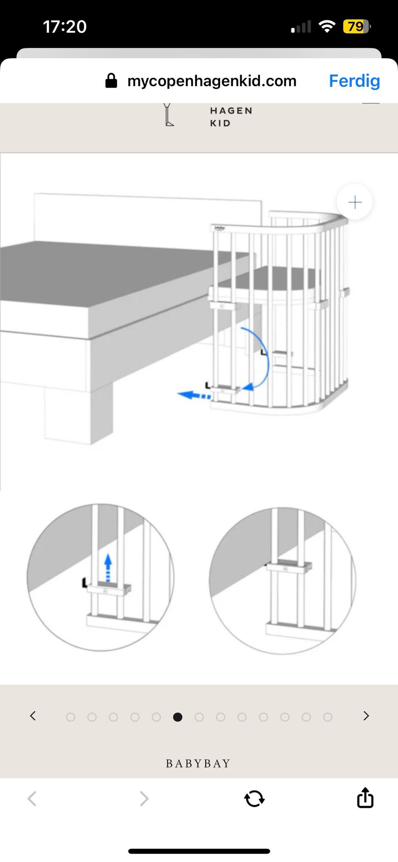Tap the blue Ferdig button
[x=354, y=81]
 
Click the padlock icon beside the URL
[x=111, y=80]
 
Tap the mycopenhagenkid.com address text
[x=212, y=81]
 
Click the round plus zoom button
[x=354, y=202]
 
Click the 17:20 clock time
[x=65, y=27]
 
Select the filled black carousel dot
[x=177, y=717]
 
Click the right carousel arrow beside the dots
[x=366, y=716]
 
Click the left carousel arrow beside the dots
[x=33, y=716]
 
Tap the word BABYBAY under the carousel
[x=198, y=763]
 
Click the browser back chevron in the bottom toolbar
[x=32, y=799]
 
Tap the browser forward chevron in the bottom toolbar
[x=144, y=799]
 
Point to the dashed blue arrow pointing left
[x=194, y=395]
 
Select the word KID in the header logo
[x=220, y=123]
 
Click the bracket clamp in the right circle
[x=289, y=567]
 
